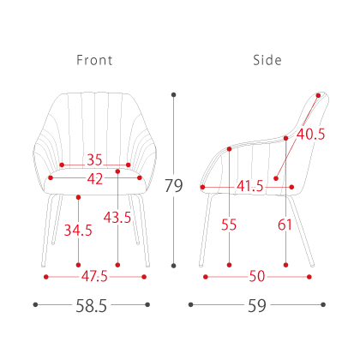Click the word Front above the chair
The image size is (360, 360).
pos(94,60)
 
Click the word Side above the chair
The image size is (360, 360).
pos(267,60)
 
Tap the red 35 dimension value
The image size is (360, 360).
pos(94,159)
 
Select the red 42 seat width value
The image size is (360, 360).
pos(95,179)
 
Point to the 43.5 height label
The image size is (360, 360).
pos(117,218)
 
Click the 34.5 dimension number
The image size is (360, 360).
pos(78,231)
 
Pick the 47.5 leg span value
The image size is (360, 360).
pos(94,276)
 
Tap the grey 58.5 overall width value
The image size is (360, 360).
pos(91,306)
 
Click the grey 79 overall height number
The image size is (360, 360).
pos(173,186)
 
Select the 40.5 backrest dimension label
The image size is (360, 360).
pos(311,134)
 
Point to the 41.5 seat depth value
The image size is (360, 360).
pos(250,186)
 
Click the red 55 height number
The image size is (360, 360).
pos(229,225)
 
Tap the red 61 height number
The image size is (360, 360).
pos(285,225)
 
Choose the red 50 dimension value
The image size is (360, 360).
pos(257,276)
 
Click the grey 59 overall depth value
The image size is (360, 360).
pos(257,306)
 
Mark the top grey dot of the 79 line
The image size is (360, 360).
pos(173,95)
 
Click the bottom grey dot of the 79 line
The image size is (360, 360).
pos(173,266)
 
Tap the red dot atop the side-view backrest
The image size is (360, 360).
pos(318,95)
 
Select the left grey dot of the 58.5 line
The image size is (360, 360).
pos(35,304)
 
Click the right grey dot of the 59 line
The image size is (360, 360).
pos(323,304)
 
